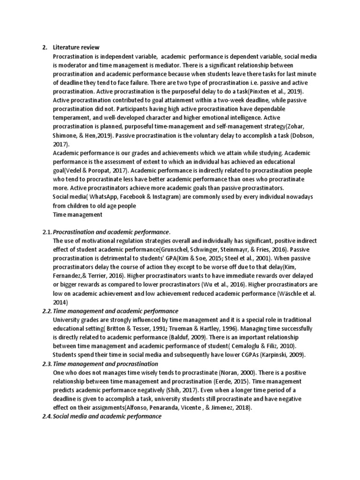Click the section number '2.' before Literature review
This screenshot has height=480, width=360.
coord(45,47)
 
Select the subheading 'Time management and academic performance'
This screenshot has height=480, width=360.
coord(115,311)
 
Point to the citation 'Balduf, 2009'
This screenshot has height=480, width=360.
coord(190,337)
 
